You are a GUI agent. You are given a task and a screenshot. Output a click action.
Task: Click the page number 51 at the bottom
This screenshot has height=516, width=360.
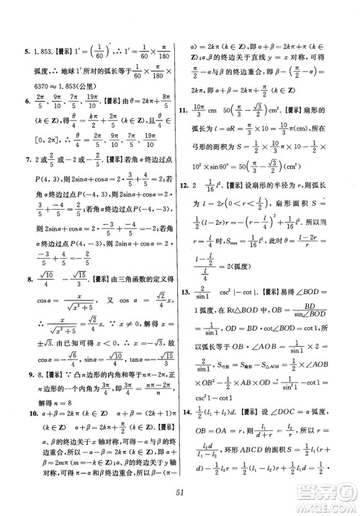180,492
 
